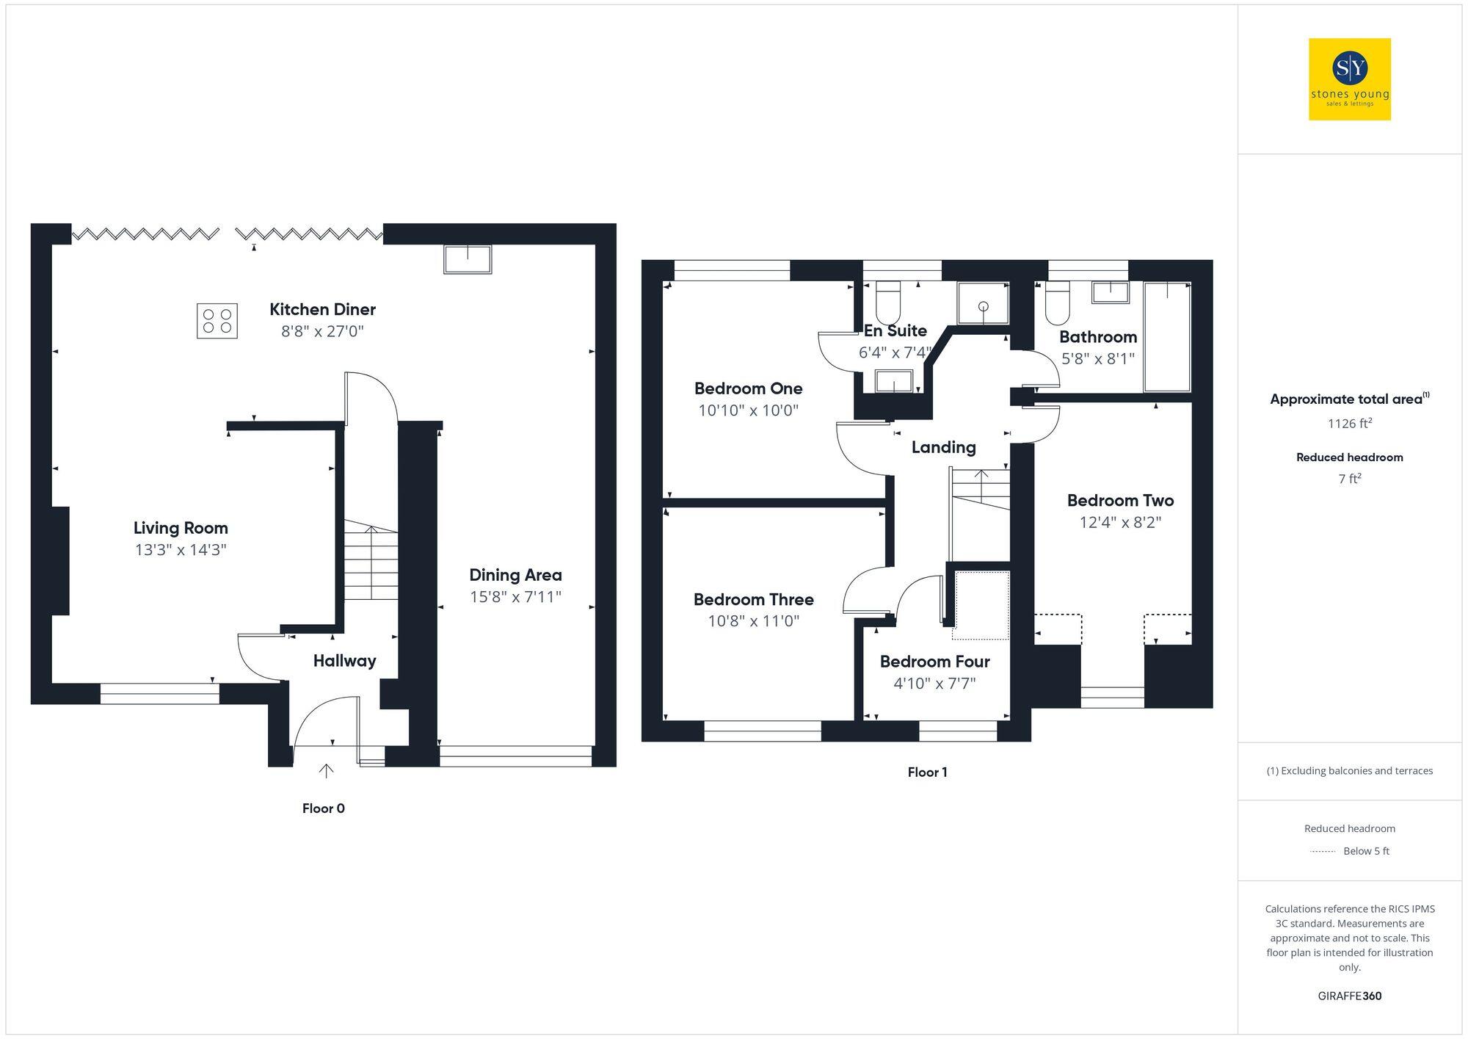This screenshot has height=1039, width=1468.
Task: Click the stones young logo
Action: point(1349,79)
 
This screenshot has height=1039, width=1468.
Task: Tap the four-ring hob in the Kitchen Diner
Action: point(217,321)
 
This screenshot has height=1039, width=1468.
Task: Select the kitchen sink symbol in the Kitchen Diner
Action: point(468,259)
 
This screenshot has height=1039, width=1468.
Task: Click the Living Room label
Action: point(181,528)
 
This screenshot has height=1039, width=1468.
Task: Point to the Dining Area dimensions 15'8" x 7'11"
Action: point(515,597)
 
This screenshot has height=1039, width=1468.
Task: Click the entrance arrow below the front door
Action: point(326,770)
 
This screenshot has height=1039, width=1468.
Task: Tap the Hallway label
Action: point(344,661)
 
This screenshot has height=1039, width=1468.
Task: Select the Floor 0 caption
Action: point(323,808)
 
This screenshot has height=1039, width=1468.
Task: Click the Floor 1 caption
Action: point(927,772)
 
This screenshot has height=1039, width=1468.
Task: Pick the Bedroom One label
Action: point(748,388)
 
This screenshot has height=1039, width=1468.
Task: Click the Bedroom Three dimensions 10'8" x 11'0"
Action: point(753,621)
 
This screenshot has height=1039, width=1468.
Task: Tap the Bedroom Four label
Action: point(934,662)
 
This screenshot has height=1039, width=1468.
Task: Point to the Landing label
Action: point(943,447)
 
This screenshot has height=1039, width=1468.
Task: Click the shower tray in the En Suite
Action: point(983,303)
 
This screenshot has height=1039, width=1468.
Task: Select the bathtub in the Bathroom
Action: point(1167,337)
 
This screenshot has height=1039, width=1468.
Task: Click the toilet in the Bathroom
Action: point(1058,304)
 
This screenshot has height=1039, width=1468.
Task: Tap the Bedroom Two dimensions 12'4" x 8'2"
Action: point(1120,523)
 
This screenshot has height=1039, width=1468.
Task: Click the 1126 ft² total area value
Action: point(1349,424)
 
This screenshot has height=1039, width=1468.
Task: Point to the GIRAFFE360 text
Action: point(1349,996)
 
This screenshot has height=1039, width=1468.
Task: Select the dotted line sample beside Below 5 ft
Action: point(1323,852)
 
